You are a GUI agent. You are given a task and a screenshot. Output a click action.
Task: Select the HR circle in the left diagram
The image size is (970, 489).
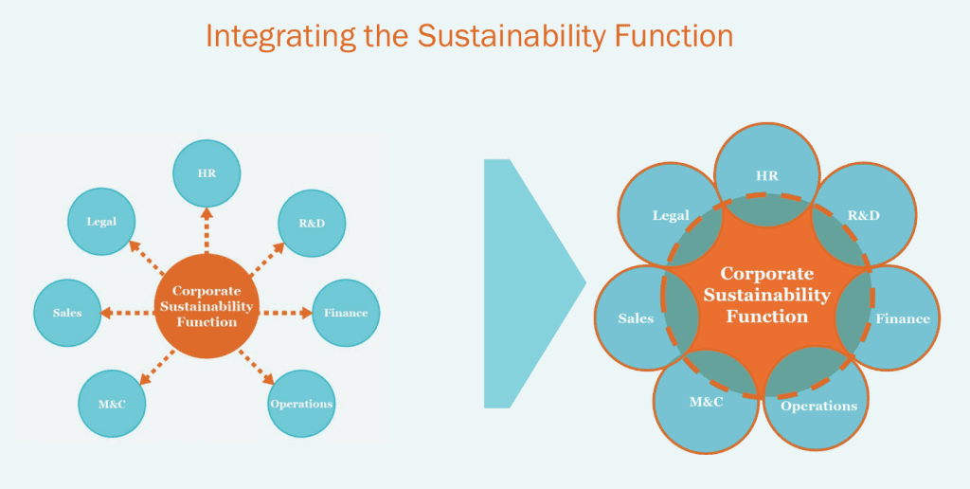point(206,172)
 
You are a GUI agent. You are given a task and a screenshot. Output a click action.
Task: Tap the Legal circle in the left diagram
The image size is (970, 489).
point(101,221)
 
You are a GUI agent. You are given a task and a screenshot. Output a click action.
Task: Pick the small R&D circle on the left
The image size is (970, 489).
point(312,224)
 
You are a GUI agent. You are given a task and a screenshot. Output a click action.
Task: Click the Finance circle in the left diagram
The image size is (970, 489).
point(346,313)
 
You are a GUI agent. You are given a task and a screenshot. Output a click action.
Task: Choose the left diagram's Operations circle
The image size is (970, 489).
point(301,404)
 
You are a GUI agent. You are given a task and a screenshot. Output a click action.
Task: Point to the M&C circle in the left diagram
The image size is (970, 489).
point(113,404)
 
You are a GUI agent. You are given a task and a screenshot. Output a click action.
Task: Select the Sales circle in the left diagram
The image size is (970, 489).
point(67,313)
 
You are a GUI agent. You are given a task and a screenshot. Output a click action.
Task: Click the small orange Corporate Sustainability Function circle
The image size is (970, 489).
point(206,306)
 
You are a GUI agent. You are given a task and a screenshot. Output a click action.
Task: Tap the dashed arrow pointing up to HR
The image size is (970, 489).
point(206,229)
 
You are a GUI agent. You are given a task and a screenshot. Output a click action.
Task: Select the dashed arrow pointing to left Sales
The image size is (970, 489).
point(127,312)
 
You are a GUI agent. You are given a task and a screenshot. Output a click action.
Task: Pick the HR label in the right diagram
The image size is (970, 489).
point(767,176)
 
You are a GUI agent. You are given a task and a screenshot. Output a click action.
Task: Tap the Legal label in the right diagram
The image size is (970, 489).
point(671,215)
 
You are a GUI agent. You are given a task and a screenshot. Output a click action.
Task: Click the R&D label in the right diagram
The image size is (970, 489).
point(863,215)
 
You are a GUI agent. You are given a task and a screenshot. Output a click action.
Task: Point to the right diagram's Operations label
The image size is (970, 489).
point(818,406)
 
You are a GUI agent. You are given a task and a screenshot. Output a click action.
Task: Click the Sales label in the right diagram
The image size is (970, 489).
point(636,318)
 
